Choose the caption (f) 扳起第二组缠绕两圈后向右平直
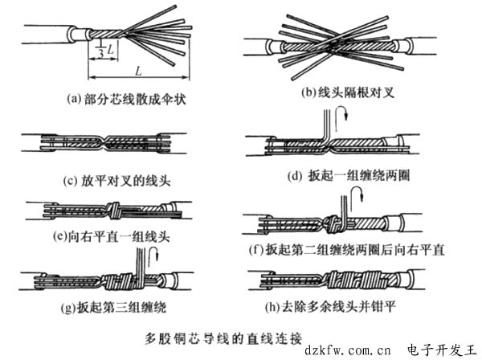(x=347, y=248)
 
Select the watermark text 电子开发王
(x=441, y=349)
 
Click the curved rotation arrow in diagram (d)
(x=343, y=121)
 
